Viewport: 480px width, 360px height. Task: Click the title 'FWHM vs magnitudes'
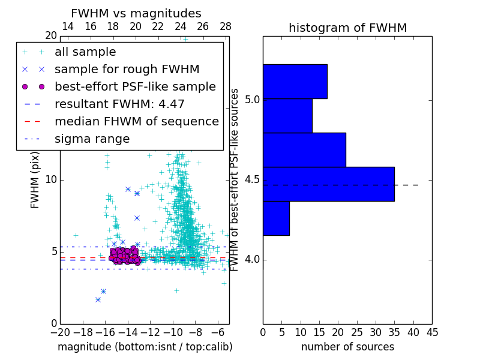pos(136,14)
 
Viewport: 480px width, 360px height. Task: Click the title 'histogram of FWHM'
pos(347,28)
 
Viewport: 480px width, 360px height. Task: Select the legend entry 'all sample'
pos(85,52)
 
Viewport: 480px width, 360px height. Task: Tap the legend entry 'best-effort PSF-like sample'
pos(135,87)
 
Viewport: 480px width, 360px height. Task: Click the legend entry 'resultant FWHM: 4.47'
pos(119,104)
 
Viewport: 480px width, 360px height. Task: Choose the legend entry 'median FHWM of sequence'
pos(136,122)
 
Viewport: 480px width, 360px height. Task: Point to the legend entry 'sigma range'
pos(92,139)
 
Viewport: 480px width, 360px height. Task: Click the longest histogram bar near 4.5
pos(328,184)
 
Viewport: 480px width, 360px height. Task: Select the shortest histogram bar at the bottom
pos(276,218)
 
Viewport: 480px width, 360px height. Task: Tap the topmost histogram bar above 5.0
pos(295,81)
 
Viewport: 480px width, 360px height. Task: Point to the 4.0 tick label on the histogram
pos(253,260)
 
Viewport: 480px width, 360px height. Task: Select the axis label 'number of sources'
pos(347,347)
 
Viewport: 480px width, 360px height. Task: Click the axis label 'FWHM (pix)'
pos(35,179)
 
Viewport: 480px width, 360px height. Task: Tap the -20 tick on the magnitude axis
pos(60,332)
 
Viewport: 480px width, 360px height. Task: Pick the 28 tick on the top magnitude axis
pos(226,27)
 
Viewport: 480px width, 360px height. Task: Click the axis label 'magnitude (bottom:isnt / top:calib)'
pos(145,347)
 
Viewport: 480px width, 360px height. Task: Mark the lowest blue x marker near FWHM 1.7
pos(98,299)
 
